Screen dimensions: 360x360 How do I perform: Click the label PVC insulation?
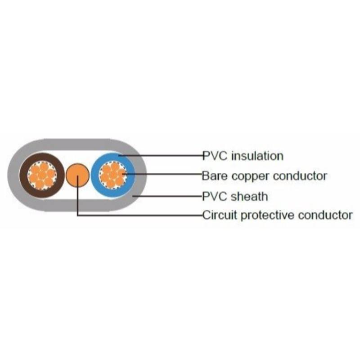tap(243, 156)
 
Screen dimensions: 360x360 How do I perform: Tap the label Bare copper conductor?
tap(264, 175)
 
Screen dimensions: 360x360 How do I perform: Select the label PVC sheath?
tap(235, 196)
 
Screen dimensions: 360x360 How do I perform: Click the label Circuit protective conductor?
tap(277, 215)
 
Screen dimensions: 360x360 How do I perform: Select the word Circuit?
tap(220, 215)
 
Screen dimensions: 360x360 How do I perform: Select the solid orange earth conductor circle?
tap(77, 175)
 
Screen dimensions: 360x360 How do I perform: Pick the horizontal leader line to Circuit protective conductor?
tap(139, 215)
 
